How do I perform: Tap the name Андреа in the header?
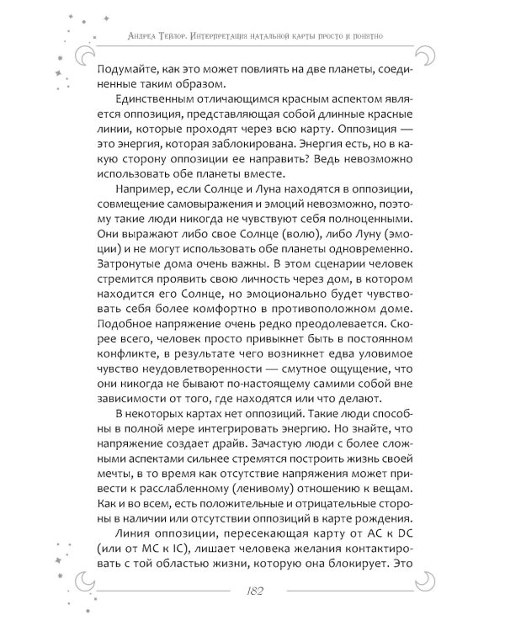pyautogui.click(x=146, y=37)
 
